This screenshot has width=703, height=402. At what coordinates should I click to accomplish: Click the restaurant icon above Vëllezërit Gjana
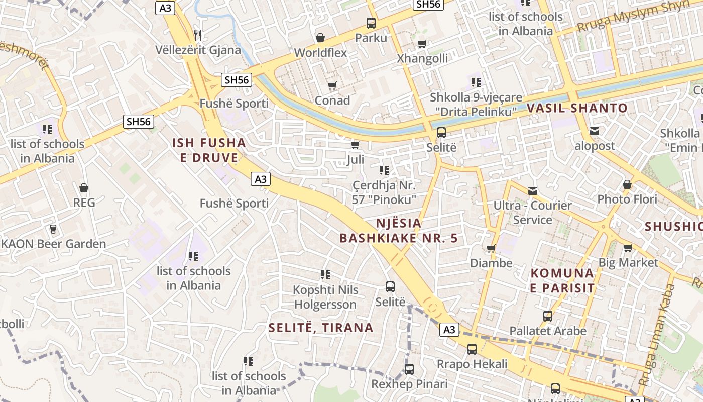pyautogui.click(x=198, y=35)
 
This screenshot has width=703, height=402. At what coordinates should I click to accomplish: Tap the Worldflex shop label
pyautogui.click(x=320, y=52)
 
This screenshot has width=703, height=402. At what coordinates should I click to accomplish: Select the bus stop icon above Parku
pyautogui.click(x=371, y=23)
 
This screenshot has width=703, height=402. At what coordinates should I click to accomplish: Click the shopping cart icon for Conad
pyautogui.click(x=332, y=86)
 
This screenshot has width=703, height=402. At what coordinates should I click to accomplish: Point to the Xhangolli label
pyautogui.click(x=422, y=58)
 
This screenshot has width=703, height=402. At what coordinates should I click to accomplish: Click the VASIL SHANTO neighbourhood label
pyautogui.click(x=577, y=108)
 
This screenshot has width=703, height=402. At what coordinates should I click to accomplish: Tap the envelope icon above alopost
pyautogui.click(x=595, y=131)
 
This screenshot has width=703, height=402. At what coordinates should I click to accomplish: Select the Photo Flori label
pyautogui.click(x=627, y=199)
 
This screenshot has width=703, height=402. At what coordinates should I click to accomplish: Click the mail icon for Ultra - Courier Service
pyautogui.click(x=533, y=191)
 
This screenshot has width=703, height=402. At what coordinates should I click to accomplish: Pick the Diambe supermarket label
pyautogui.click(x=491, y=263)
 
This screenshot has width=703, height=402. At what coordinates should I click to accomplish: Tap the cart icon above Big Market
pyautogui.click(x=628, y=248)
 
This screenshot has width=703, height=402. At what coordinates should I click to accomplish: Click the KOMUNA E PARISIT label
pyautogui.click(x=562, y=281)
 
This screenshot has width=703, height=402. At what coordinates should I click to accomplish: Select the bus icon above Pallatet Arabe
pyautogui.click(x=548, y=316)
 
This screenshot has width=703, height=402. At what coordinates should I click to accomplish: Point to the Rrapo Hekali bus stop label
pyautogui.click(x=472, y=364)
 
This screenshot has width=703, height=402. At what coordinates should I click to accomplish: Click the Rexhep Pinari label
pyautogui.click(x=409, y=384)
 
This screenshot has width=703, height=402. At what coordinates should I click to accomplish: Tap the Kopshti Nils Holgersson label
pyautogui.click(x=326, y=297)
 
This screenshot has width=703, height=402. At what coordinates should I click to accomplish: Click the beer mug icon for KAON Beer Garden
pyautogui.click(x=53, y=229)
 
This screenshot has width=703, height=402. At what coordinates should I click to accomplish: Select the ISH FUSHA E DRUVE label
pyautogui.click(x=209, y=150)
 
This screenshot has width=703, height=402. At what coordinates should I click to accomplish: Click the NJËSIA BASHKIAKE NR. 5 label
pyautogui.click(x=399, y=230)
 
